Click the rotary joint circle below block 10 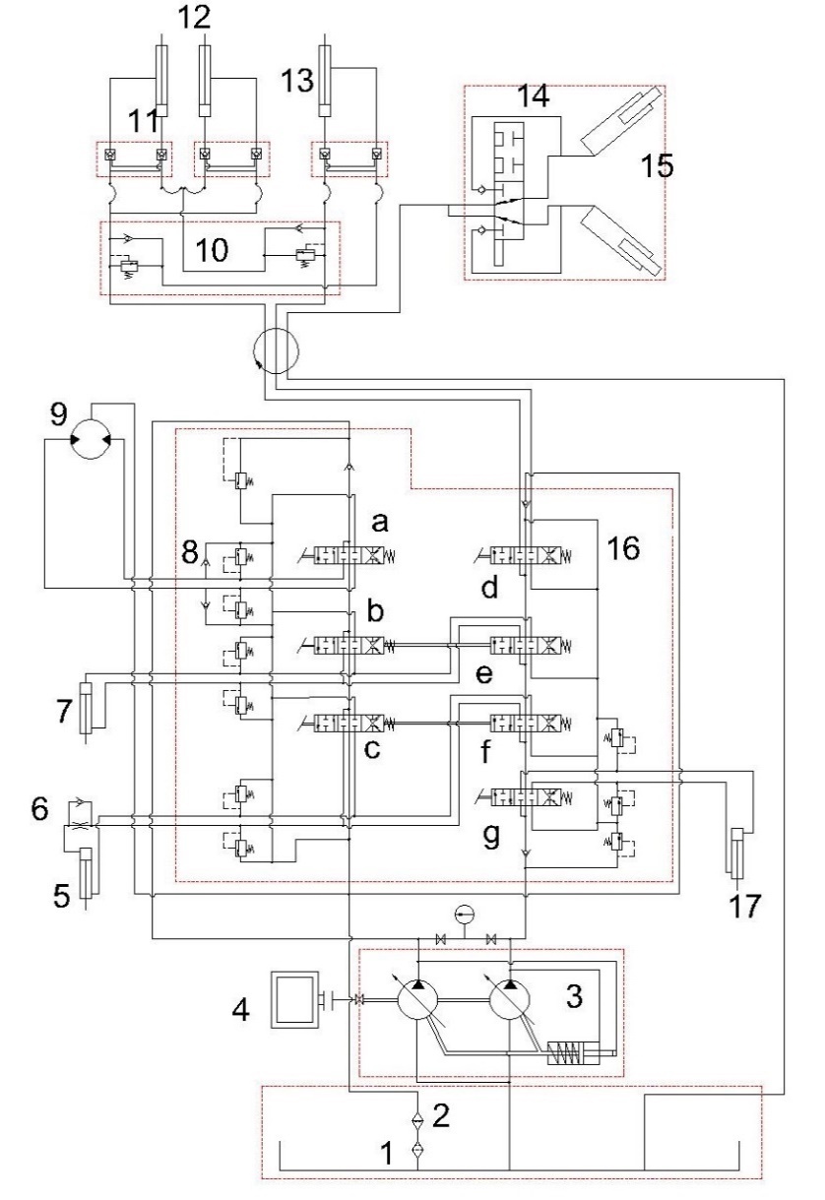279,351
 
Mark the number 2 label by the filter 442,1113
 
